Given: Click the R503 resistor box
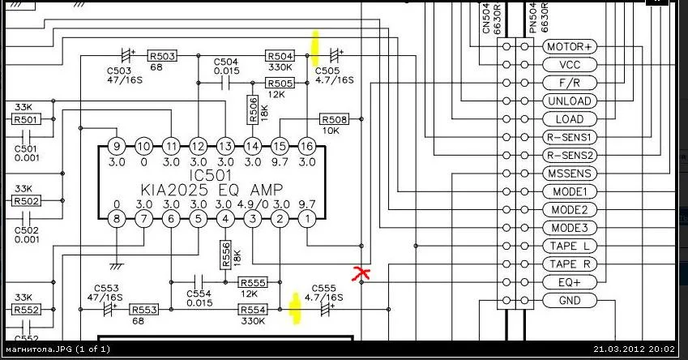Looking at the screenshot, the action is pyautogui.click(x=162, y=56).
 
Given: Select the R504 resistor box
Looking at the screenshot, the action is pyautogui.click(x=280, y=56).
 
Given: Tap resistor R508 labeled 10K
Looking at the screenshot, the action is pyautogui.click(x=335, y=119).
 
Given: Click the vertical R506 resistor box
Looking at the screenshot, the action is pyautogui.click(x=252, y=109).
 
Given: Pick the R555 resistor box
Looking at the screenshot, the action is pyautogui.click(x=253, y=282).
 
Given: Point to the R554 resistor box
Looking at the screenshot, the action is pyautogui.click(x=253, y=310).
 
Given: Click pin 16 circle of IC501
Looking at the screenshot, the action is pyautogui.click(x=306, y=146).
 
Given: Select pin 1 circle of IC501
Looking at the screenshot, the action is pyautogui.click(x=306, y=218).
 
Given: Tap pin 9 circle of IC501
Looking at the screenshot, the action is pyautogui.click(x=117, y=146).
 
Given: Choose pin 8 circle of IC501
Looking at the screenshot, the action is pyautogui.click(x=117, y=218).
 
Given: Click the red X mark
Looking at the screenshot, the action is pyautogui.click(x=361, y=272).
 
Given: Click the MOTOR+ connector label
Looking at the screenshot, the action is pyautogui.click(x=570, y=46).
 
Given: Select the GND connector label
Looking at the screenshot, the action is pyautogui.click(x=570, y=301).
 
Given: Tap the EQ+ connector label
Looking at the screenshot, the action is pyautogui.click(x=570, y=282).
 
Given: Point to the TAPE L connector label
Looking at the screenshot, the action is pyautogui.click(x=570, y=246).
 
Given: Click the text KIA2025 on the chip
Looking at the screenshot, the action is pyautogui.click(x=174, y=190).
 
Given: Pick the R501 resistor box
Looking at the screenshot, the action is pyautogui.click(x=26, y=119).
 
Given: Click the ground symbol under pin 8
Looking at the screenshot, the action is pyautogui.click(x=117, y=266).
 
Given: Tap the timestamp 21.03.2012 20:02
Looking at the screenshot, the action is pyautogui.click(x=634, y=349).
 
